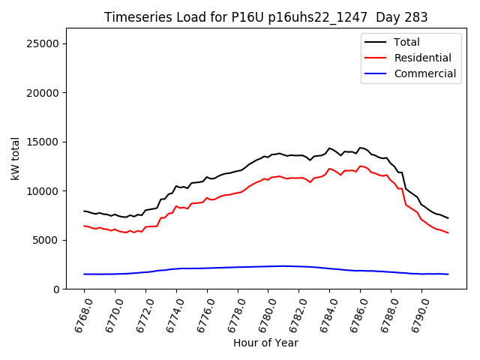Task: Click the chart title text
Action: click(x=266, y=17)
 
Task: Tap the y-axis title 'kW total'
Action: click(x=15, y=158)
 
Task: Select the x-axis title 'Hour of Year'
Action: click(x=266, y=343)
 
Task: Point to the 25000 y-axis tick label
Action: click(x=43, y=43)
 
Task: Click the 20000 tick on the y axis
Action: click(x=43, y=93)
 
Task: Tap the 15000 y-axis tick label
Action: click(x=43, y=142)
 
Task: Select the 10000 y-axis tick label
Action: click(x=43, y=191)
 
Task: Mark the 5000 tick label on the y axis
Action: click(x=46, y=240)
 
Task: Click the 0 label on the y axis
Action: click(x=56, y=289)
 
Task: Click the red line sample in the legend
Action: click(x=376, y=58)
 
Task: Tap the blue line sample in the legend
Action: click(x=376, y=73)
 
